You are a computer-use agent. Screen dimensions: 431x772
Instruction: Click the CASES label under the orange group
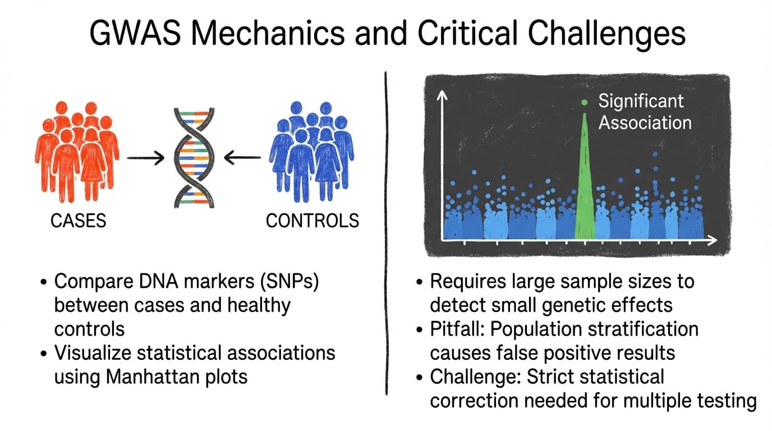(78, 221)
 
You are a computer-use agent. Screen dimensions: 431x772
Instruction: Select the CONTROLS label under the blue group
(312, 221)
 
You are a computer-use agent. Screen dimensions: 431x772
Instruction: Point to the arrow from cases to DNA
(145, 158)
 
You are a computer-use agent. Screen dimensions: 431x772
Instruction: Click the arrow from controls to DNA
(242, 158)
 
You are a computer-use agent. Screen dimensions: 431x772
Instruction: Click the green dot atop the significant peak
(585, 102)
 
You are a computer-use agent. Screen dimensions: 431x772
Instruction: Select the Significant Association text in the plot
(644, 112)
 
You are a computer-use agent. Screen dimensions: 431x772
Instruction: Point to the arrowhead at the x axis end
(711, 240)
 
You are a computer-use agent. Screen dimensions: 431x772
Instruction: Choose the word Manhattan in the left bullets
(141, 376)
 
